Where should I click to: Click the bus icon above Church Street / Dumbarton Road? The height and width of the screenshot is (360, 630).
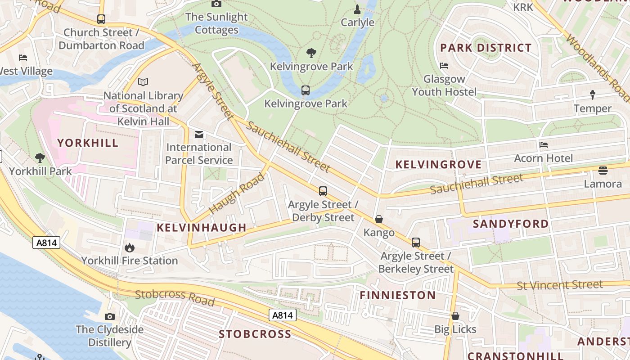coord(101,19)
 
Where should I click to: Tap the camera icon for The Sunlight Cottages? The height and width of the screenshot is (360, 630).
coord(216,4)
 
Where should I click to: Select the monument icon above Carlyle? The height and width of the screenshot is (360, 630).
coord(357,9)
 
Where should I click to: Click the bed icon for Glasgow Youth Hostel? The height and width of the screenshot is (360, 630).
coord(444,66)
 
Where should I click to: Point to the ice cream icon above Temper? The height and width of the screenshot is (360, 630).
coord(592,95)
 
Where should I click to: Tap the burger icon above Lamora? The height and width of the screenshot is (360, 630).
coord(603,171)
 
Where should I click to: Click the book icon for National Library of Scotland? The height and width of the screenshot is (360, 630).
coord(143,82)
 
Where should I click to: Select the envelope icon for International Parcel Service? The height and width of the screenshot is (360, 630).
coord(198,135)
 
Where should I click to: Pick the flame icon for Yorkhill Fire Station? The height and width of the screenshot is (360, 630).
coord(129,247)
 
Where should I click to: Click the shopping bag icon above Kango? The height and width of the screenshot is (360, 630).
coord(379,220)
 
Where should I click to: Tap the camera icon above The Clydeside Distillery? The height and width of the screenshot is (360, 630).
coord(109,316)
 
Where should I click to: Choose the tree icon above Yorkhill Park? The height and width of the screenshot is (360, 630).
coord(40,158)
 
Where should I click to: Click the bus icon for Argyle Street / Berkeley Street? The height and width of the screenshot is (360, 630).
coord(416,243)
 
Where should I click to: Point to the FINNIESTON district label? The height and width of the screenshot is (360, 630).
coord(398,295)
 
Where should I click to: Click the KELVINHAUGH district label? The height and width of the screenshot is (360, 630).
coord(202,228)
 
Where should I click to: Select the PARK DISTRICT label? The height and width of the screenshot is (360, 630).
coord(486,48)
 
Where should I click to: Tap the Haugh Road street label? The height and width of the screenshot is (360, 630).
coord(237,193)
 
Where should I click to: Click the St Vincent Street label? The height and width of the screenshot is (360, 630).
coord(559,285)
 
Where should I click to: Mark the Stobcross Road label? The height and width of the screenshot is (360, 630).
coord(175,297)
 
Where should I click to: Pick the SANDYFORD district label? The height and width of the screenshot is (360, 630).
coord(511,224)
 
